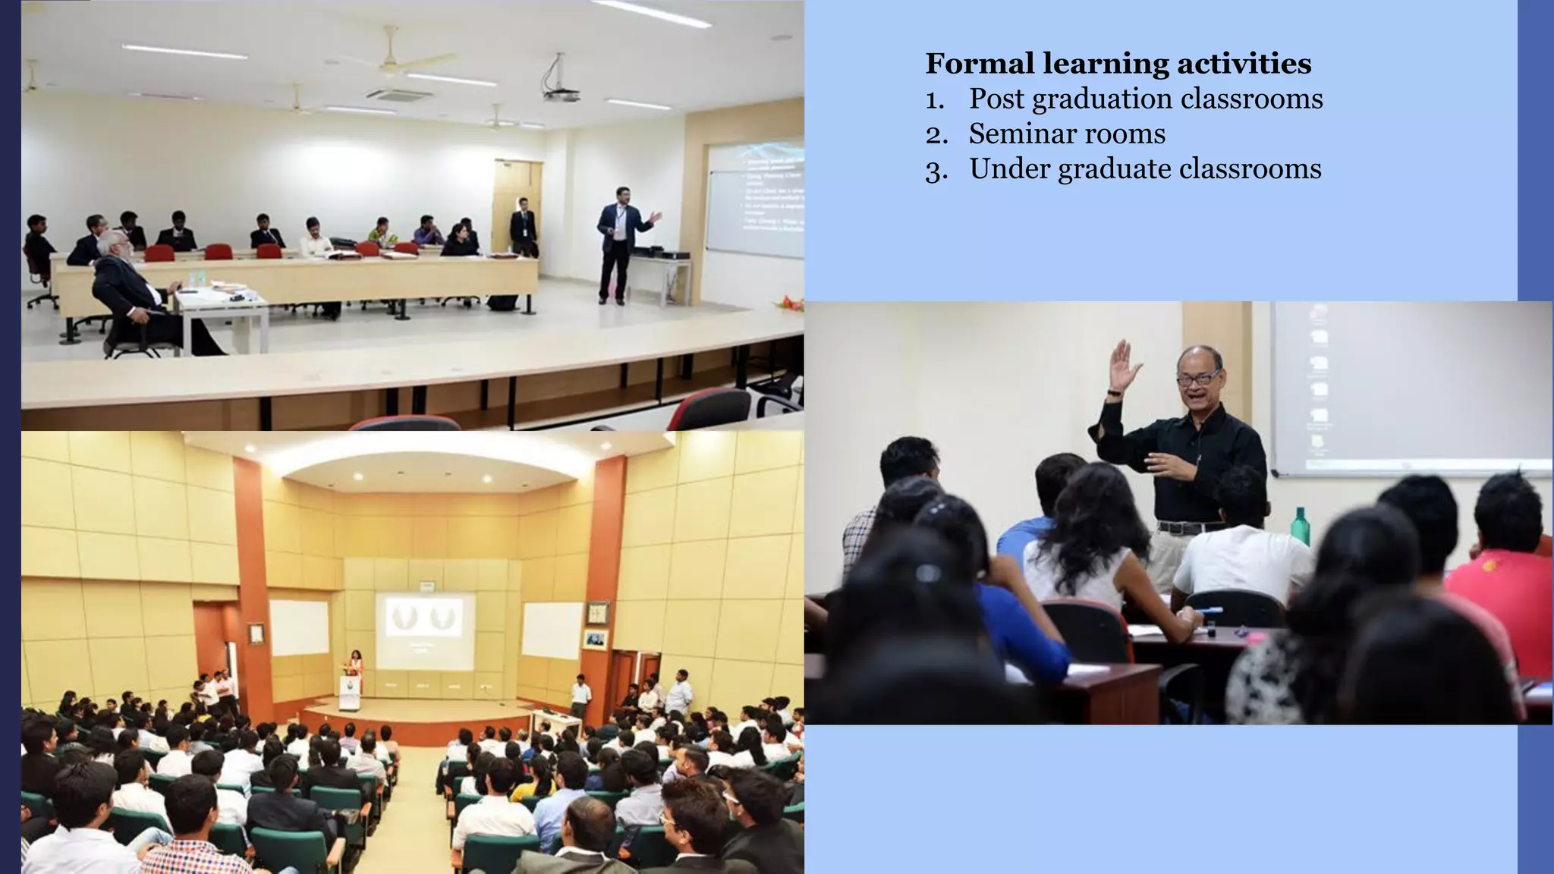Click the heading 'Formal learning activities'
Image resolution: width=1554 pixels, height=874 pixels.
(x=1118, y=64)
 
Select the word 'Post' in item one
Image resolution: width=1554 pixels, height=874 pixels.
(x=996, y=99)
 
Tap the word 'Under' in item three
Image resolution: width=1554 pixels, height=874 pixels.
(x=1008, y=169)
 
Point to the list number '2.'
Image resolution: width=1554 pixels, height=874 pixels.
(x=936, y=135)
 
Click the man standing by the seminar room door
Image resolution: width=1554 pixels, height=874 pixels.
(x=523, y=226)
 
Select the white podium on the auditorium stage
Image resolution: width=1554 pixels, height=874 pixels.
(x=350, y=690)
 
